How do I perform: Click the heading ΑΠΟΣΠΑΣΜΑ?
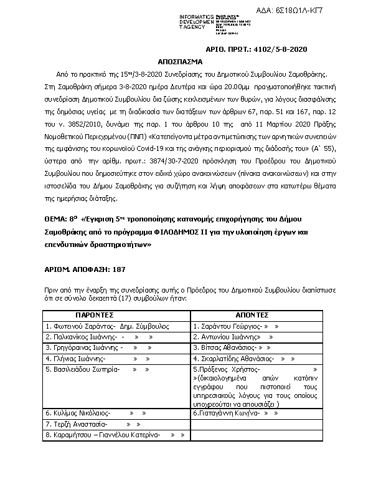(x=190, y=63)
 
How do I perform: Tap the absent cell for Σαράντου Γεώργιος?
(x=256, y=326)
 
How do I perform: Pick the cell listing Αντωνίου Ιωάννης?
(x=256, y=336)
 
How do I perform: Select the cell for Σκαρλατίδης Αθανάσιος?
(x=256, y=359)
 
